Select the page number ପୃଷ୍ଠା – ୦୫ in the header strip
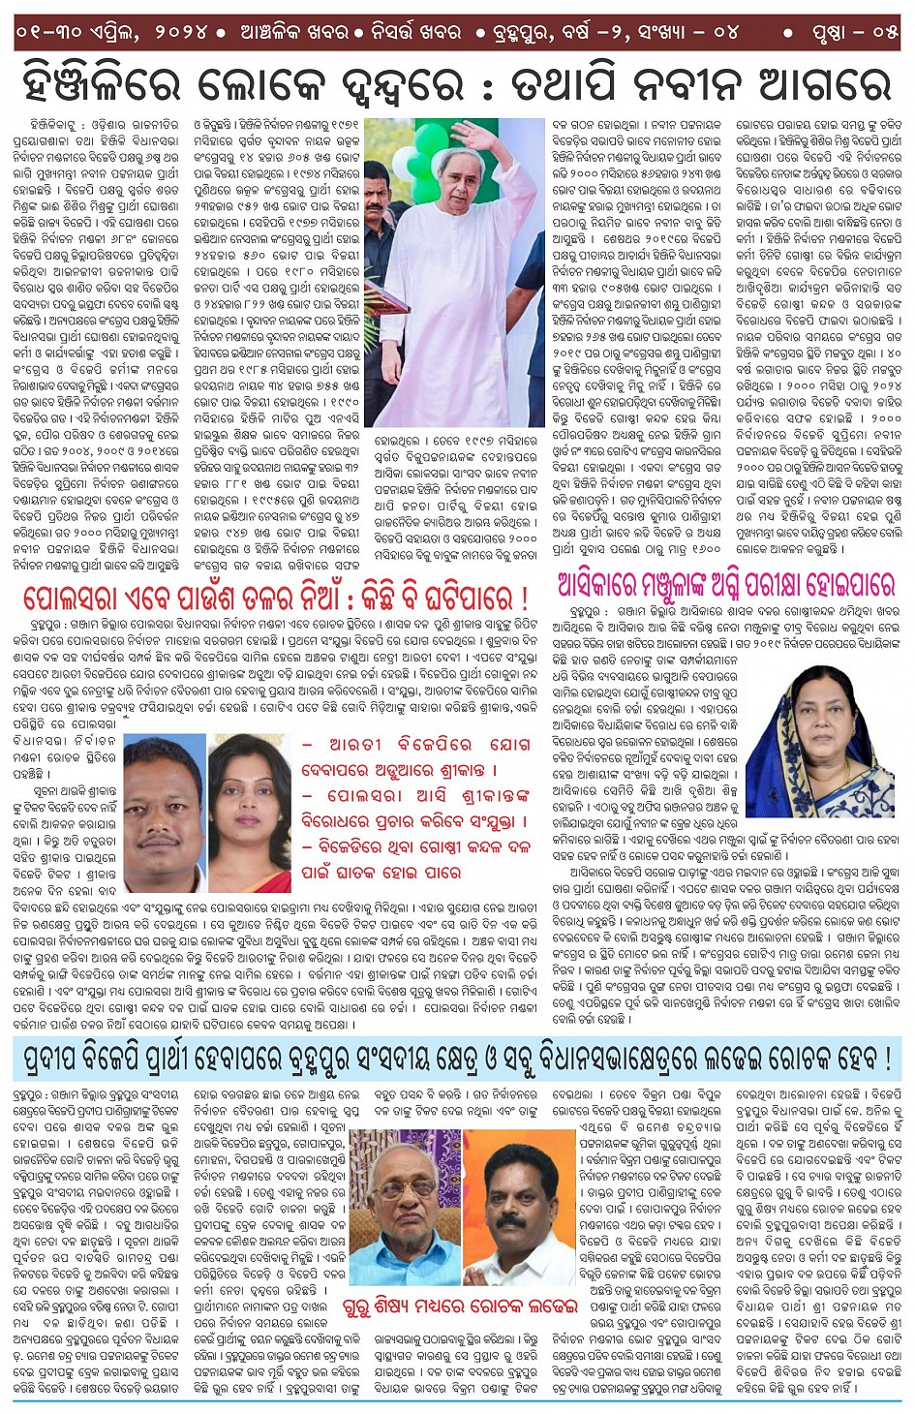coord(855,32)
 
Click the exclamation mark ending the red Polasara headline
coord(524,597)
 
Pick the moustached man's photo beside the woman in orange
coord(164,812)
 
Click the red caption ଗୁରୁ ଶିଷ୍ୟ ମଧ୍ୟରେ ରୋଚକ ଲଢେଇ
coord(460,1306)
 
